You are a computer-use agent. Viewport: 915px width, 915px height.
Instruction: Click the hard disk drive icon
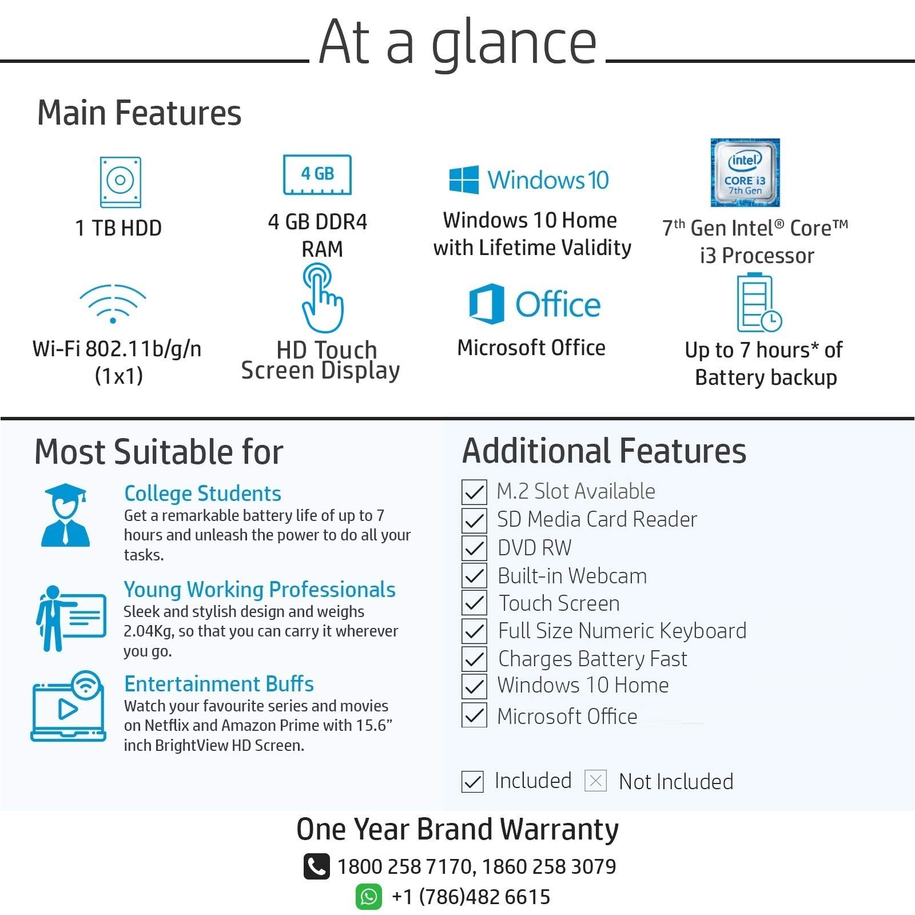click(120, 182)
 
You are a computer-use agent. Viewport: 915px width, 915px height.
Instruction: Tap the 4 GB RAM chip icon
click(317, 174)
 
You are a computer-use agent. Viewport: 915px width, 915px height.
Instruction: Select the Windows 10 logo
click(529, 180)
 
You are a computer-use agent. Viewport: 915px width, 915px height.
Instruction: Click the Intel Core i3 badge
click(745, 173)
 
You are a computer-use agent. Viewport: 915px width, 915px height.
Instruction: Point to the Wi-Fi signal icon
click(113, 304)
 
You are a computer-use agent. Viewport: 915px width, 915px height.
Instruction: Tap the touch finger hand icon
click(322, 298)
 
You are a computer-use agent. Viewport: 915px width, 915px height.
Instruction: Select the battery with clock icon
click(758, 303)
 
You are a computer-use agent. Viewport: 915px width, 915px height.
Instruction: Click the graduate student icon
click(65, 515)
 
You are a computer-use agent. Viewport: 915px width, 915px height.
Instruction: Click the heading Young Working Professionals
click(260, 589)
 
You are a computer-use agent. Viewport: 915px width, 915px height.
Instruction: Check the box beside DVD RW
click(474, 548)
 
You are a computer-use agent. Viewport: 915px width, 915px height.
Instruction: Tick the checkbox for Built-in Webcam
click(474, 575)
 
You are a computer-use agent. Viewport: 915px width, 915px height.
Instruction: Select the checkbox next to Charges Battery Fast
click(474, 659)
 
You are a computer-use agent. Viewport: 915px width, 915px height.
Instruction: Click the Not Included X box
click(595, 781)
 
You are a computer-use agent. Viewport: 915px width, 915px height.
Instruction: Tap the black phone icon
click(316, 866)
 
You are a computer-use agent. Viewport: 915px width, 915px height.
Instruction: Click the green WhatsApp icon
click(369, 897)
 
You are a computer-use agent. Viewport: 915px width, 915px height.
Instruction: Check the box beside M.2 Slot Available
click(474, 492)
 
